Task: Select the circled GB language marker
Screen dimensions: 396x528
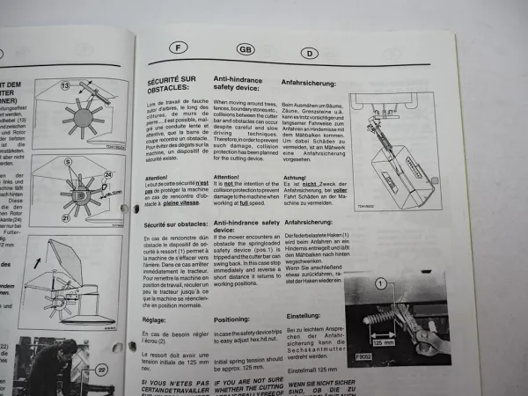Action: [x=246, y=50]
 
